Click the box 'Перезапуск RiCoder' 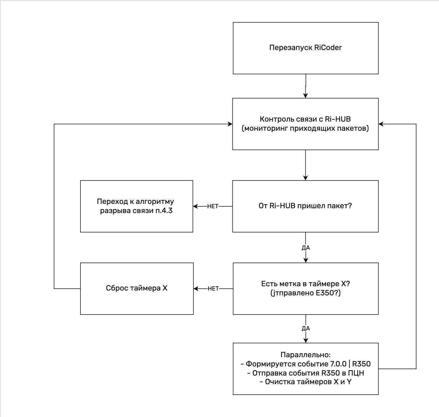306,48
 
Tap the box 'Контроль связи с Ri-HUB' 305,124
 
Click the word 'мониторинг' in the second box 265,128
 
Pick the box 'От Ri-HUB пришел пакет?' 305,206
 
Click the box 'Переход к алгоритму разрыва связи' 137,206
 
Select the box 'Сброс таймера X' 137,289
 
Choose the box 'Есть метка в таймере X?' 306,289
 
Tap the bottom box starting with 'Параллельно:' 306,369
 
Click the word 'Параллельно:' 306,355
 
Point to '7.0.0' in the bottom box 338,364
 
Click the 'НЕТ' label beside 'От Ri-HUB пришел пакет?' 213,206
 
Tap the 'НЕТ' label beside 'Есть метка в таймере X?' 213,289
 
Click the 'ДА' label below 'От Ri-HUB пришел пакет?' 306,248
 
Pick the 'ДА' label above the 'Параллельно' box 306,328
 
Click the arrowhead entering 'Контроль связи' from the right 381,124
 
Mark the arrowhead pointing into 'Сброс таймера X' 196,289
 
